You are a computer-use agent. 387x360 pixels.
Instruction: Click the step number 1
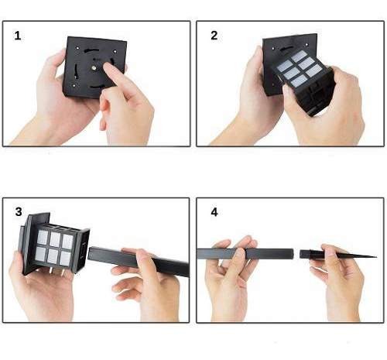tap(18, 36)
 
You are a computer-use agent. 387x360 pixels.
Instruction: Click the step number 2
tap(214, 36)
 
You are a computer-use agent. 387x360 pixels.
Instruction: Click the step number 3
tap(19, 212)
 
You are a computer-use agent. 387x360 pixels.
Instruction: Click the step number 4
tap(214, 212)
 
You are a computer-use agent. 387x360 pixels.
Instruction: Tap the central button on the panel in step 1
tap(94, 68)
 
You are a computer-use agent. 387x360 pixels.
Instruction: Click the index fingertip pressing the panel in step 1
tap(107, 67)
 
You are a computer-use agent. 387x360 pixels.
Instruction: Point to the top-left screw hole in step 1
tap(77, 48)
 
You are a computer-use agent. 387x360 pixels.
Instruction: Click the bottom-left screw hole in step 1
tap(74, 85)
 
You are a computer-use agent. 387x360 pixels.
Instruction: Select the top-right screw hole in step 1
tap(115, 52)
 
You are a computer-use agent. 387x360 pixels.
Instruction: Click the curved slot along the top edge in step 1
tap(91, 50)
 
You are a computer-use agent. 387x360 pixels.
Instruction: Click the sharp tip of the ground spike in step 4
tap(376, 257)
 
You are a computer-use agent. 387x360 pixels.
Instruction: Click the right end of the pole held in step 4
tap(292, 254)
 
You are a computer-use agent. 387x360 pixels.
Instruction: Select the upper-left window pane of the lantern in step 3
tap(43, 238)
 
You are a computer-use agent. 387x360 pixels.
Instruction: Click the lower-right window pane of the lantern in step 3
tap(66, 259)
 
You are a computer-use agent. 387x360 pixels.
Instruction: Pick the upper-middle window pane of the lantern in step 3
tap(55, 239)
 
